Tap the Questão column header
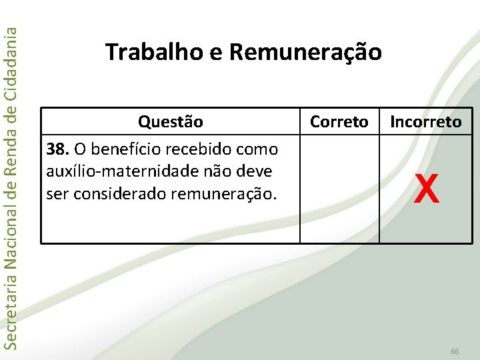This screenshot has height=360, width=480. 170,122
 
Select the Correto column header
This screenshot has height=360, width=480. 339,122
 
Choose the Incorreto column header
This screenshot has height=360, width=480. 425,122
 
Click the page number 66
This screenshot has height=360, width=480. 455,351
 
